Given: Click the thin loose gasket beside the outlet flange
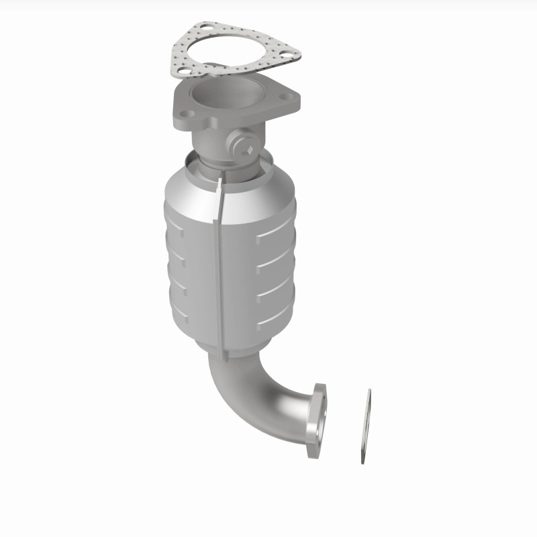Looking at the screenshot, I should point(366,426).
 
